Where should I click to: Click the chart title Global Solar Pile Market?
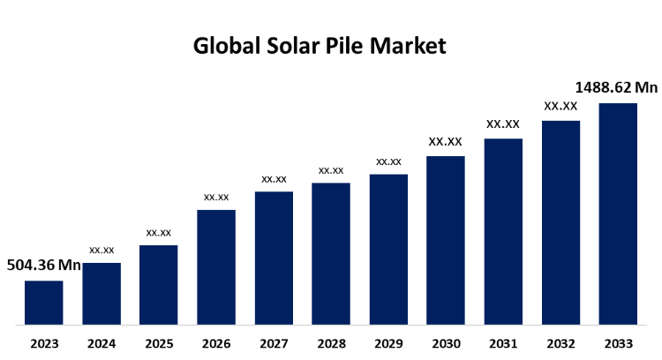click(320, 46)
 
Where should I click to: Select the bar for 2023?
click(43, 303)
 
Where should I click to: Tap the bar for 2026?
click(216, 267)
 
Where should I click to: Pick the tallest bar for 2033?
click(618, 214)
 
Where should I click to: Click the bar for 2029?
click(388, 250)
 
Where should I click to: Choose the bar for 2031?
click(503, 231)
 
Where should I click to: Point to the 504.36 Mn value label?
click(44, 265)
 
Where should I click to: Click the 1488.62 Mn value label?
click(617, 87)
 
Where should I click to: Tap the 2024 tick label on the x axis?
click(102, 342)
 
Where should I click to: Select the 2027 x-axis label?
click(274, 342)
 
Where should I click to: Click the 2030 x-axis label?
click(446, 342)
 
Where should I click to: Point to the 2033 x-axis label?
click(618, 342)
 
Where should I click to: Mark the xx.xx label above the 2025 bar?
click(159, 232)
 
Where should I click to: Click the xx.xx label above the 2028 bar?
click(331, 169)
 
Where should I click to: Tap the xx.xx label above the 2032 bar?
click(560, 106)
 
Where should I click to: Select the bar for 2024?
click(102, 294)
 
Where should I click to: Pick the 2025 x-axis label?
click(159, 342)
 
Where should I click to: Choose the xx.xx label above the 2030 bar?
click(446, 141)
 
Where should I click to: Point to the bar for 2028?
click(331, 254)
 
